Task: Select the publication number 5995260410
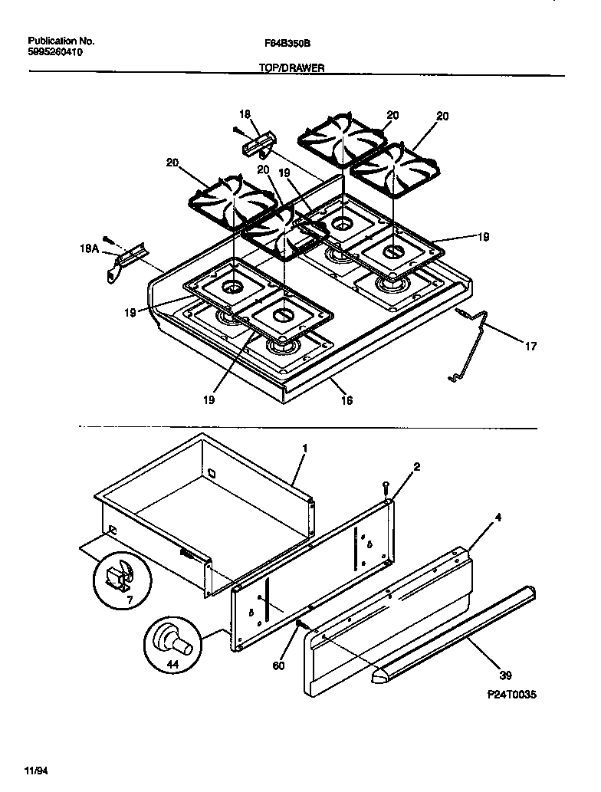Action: [55, 53]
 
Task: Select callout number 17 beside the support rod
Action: [530, 347]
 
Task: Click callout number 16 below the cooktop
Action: [346, 399]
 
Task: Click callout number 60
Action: [279, 665]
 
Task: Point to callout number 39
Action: [505, 675]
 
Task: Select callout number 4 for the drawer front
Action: [498, 518]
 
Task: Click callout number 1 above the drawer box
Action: [304, 447]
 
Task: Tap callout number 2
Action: [417, 466]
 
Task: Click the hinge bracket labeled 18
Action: [258, 143]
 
